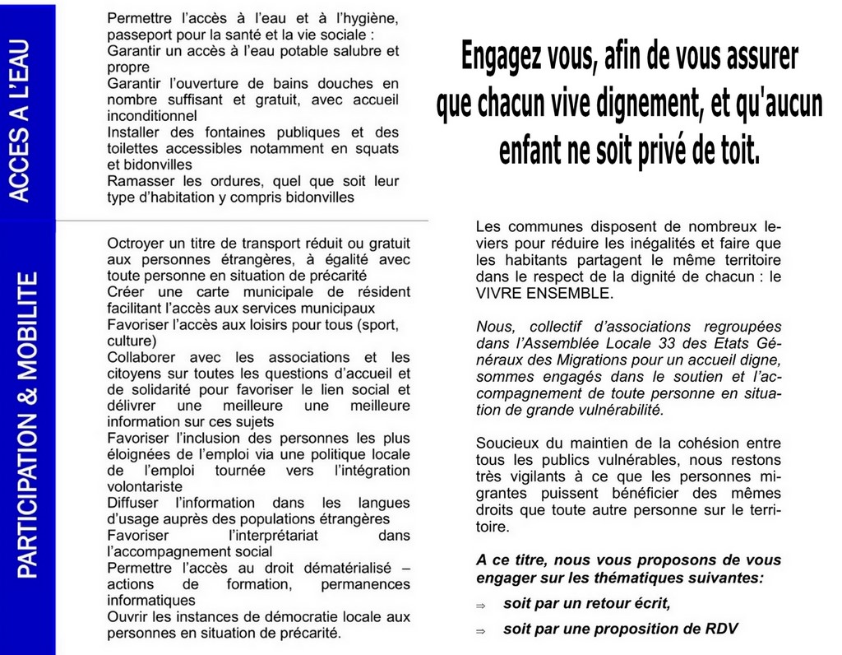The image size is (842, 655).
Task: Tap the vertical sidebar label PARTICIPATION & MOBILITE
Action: tap(28, 425)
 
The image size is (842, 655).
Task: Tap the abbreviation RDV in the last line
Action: tap(720, 629)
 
